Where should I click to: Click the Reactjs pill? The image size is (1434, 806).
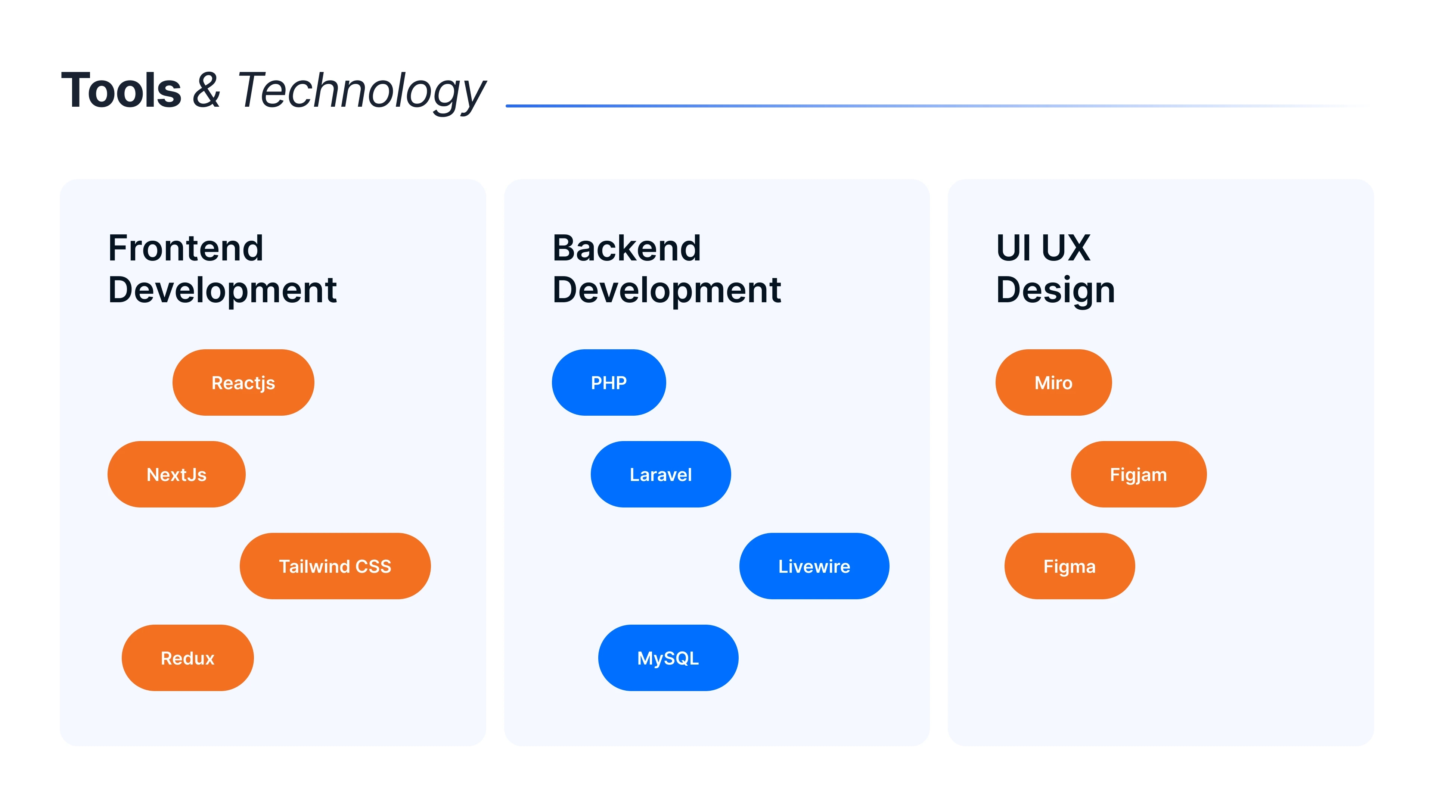[x=243, y=383]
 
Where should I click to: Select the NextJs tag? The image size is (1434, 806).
[x=177, y=475]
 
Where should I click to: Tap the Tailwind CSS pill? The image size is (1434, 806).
[x=335, y=566]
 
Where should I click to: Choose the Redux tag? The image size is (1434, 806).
[x=187, y=658]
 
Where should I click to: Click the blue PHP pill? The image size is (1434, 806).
[x=608, y=383]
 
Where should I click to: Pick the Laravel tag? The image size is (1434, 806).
[x=661, y=475]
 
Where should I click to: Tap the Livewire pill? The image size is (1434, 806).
[x=814, y=566]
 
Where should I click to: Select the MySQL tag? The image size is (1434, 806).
[x=668, y=658]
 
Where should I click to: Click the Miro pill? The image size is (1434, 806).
[x=1053, y=383]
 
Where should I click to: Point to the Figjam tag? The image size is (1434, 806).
[x=1138, y=475]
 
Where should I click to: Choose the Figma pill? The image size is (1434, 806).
[x=1070, y=566]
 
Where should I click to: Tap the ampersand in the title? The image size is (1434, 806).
[x=207, y=91]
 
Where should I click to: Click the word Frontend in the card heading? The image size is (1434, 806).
[x=185, y=248]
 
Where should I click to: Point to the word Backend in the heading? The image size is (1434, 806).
[x=626, y=248]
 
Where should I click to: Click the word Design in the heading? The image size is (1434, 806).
[x=1055, y=290]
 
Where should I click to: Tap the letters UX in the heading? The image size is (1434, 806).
[x=1065, y=248]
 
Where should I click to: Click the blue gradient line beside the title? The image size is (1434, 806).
[x=835, y=106]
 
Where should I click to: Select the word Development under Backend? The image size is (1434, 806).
[x=666, y=290]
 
